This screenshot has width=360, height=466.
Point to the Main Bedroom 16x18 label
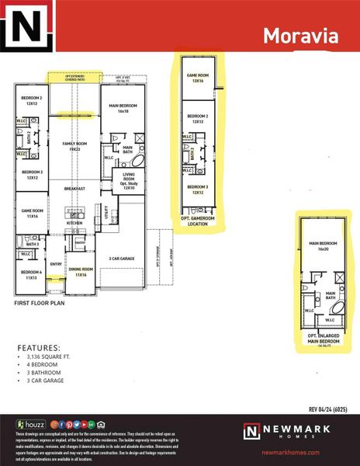(x=124, y=109)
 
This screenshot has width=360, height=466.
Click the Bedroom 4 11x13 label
(x=33, y=274)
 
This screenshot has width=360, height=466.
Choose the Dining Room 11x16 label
(x=81, y=272)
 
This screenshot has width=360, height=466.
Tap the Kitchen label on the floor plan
(x=74, y=222)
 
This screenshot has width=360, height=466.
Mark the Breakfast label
(x=75, y=189)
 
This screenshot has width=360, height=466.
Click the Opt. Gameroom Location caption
(x=198, y=221)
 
